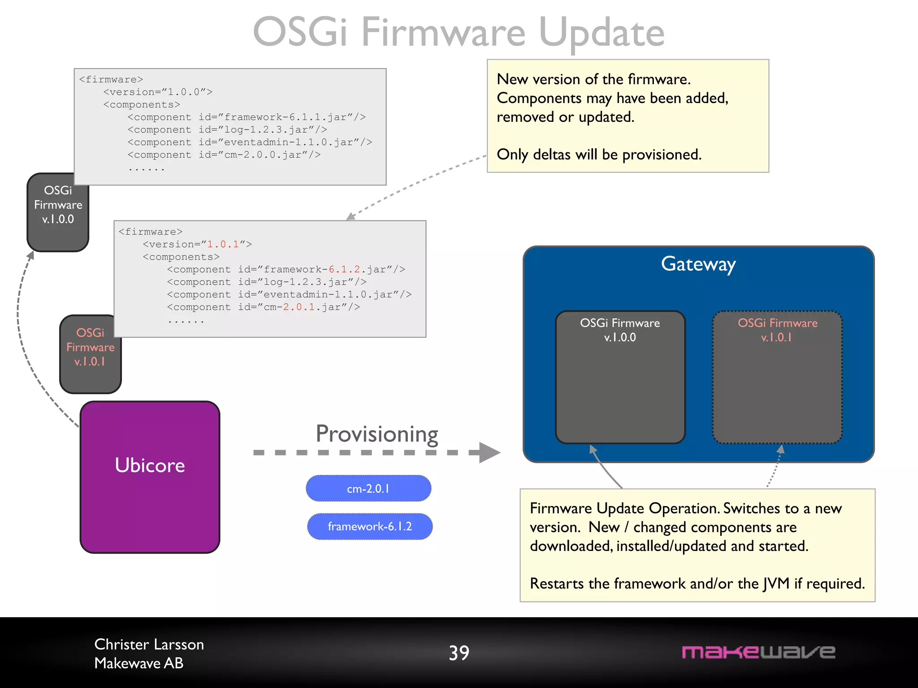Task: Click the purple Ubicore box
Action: (x=150, y=477)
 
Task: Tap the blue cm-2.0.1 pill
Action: (x=368, y=488)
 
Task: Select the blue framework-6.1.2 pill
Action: (x=369, y=526)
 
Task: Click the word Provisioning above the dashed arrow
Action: (x=377, y=434)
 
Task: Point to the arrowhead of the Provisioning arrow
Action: (x=491, y=452)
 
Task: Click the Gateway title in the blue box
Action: (x=698, y=264)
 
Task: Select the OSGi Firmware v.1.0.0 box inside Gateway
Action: (x=620, y=376)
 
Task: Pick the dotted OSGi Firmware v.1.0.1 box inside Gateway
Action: (x=777, y=376)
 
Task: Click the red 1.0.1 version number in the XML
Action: (x=223, y=244)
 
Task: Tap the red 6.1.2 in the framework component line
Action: (x=344, y=269)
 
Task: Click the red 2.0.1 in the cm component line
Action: (x=299, y=307)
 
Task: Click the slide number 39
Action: (x=459, y=653)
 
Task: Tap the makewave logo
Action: (x=758, y=652)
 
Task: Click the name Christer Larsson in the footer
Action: (x=149, y=644)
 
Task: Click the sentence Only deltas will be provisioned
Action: (x=599, y=155)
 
